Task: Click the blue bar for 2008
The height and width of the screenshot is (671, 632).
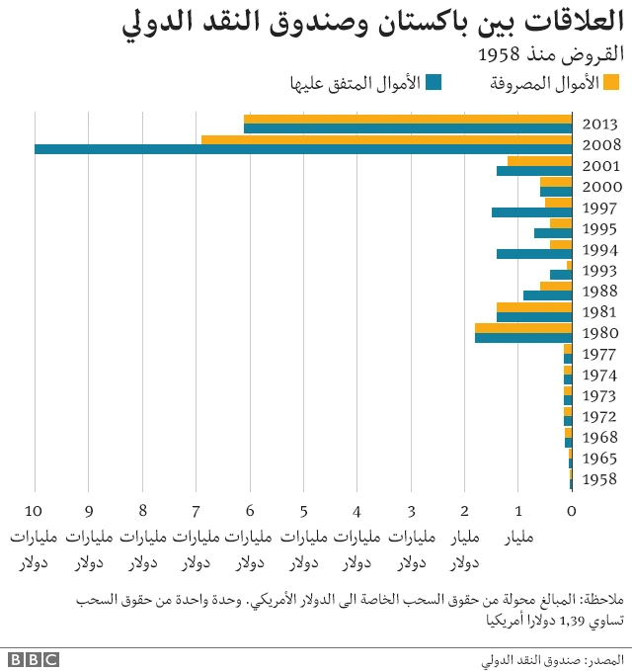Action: (303, 149)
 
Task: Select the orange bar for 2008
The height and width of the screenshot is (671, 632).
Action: (386, 139)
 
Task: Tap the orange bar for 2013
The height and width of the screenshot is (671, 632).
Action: (408, 119)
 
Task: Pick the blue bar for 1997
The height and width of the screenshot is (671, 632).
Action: (531, 212)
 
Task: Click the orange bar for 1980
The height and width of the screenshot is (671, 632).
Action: (523, 328)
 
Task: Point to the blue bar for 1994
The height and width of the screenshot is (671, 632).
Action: (534, 254)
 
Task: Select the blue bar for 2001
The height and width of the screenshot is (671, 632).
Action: (534, 171)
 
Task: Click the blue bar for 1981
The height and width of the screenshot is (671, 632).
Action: (534, 317)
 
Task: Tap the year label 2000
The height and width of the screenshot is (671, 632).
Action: (600, 187)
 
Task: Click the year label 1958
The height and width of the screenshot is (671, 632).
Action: (600, 479)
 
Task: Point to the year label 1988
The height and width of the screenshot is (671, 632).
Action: (600, 292)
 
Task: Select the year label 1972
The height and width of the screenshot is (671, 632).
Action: (600, 416)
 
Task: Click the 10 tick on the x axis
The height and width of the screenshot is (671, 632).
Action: (36, 510)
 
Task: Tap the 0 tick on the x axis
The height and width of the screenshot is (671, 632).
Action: (572, 510)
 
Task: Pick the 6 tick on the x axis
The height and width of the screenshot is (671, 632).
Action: (250, 510)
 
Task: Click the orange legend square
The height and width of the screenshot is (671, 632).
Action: (611, 82)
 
